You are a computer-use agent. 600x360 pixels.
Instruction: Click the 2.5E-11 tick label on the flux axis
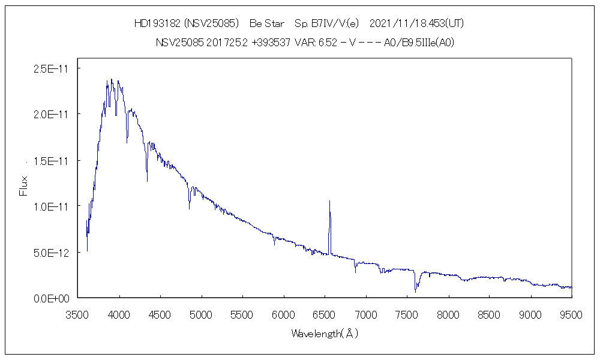51,69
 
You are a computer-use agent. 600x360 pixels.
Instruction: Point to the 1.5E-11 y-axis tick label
51,161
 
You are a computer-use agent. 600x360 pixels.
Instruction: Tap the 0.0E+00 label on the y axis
51,298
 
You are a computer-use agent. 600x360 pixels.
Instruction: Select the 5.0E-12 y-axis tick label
51,253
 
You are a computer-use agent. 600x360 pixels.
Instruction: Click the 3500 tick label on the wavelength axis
78,314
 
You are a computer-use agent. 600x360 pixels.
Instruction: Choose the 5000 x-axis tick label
201,314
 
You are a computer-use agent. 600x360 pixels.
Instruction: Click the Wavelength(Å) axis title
324,333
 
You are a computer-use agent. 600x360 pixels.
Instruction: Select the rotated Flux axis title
24,185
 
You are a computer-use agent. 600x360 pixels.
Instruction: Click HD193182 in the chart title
157,24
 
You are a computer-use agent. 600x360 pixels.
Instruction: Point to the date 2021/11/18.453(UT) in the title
416,24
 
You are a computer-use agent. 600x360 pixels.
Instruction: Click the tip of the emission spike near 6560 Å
329,201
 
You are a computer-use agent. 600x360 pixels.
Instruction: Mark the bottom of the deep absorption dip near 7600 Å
415,292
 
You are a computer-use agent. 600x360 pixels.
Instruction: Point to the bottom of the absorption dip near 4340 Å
147,181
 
